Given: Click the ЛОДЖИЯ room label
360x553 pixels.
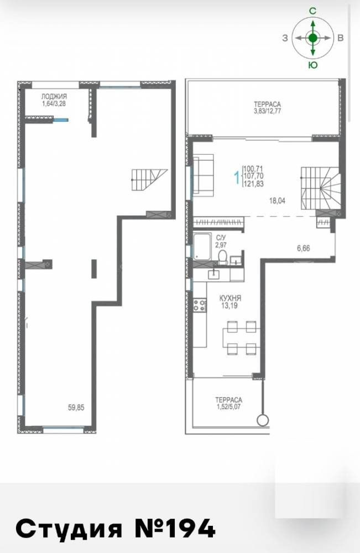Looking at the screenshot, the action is (x=54, y=96).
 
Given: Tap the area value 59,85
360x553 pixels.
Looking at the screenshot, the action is (x=76, y=408).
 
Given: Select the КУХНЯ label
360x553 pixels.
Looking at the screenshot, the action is (x=229, y=299).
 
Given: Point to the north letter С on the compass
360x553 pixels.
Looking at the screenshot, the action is (x=312, y=11).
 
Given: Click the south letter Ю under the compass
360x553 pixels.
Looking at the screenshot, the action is (x=313, y=65).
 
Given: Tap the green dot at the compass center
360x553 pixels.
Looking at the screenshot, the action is (x=313, y=38).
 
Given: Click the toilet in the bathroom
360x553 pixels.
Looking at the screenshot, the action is (x=223, y=258).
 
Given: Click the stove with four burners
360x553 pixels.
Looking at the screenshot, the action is (x=200, y=305).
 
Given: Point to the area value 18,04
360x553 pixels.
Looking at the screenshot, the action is (x=277, y=201).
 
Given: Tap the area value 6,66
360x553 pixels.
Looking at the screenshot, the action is (x=303, y=248).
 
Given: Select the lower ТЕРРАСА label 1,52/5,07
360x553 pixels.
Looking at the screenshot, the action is (x=229, y=403).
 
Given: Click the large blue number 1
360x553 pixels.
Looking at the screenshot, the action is (x=237, y=178).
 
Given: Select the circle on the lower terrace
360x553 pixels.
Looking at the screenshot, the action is (x=263, y=420).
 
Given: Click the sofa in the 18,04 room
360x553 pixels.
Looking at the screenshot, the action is (x=204, y=175).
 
